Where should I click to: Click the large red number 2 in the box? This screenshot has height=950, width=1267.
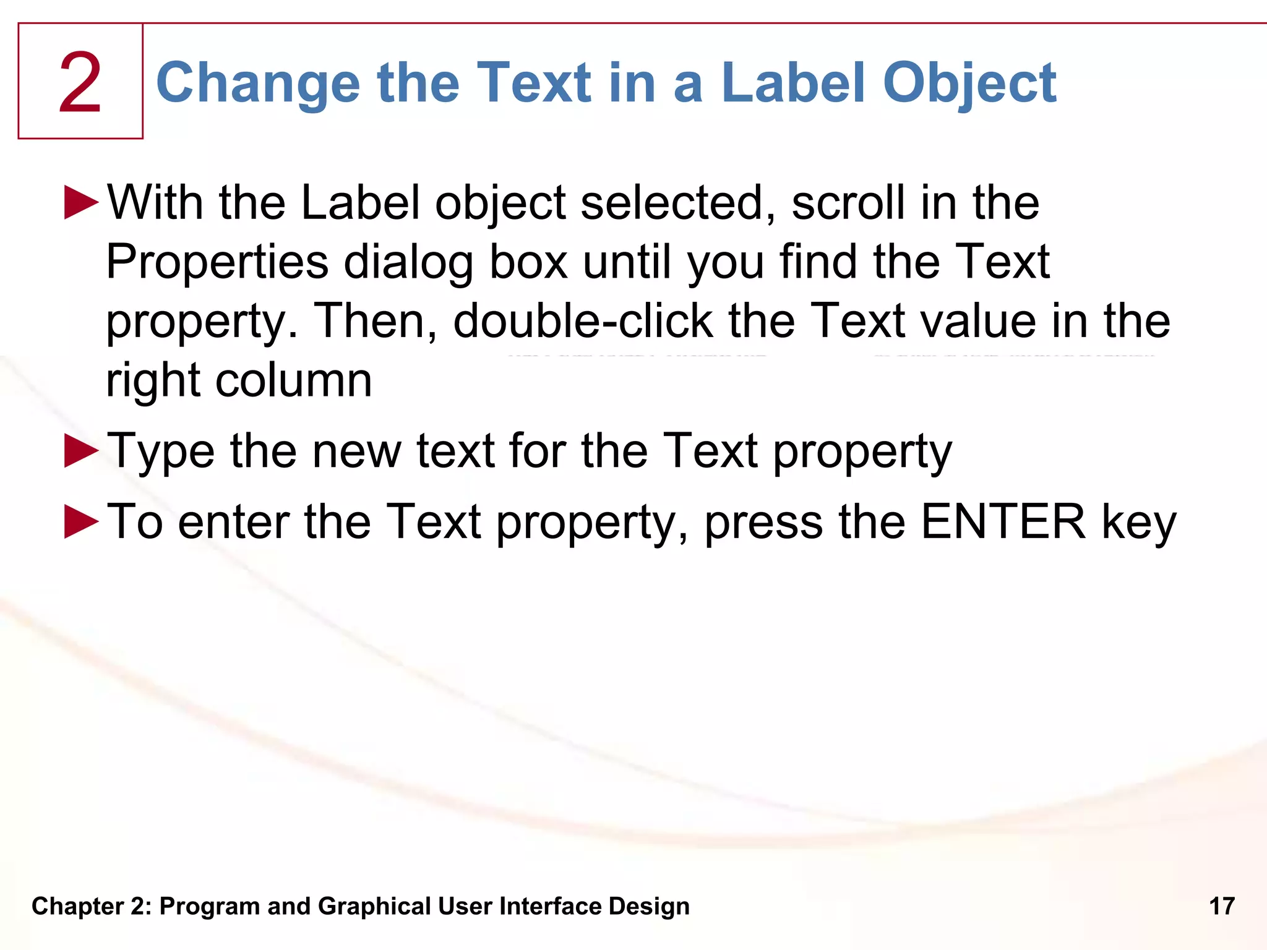coord(80,83)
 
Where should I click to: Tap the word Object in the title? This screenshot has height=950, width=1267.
coord(969,83)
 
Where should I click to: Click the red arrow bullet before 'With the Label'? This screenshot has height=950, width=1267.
coord(81,202)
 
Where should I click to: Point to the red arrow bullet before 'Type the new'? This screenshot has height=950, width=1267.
coord(81,450)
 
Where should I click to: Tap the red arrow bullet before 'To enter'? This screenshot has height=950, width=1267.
coord(81,521)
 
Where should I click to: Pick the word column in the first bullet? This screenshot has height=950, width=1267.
coord(293,380)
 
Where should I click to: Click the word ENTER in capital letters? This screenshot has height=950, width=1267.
coord(1003,521)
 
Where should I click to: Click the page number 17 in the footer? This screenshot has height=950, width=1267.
coord(1222,906)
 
